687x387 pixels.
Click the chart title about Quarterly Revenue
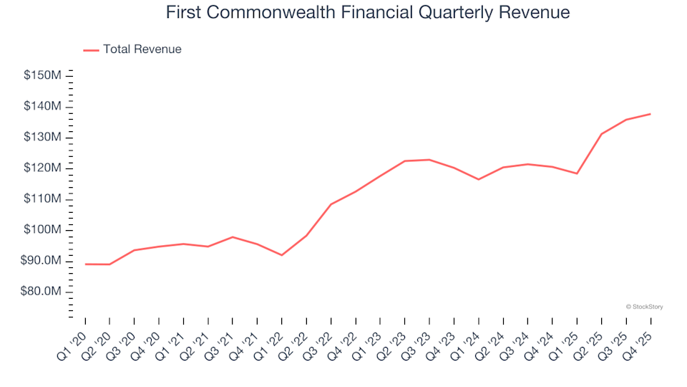tap(368, 13)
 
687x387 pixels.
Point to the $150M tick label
tap(42, 75)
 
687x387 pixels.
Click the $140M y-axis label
tap(42, 106)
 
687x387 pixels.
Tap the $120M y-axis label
tap(42, 168)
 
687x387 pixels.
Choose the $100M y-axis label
tap(42, 230)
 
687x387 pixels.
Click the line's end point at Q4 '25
tap(650, 114)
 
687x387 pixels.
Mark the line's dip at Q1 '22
tap(282, 255)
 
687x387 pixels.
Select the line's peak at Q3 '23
tap(429, 160)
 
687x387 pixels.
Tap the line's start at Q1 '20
tap(85, 264)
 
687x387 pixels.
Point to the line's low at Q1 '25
tap(576, 173)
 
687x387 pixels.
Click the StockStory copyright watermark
tap(644, 307)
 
